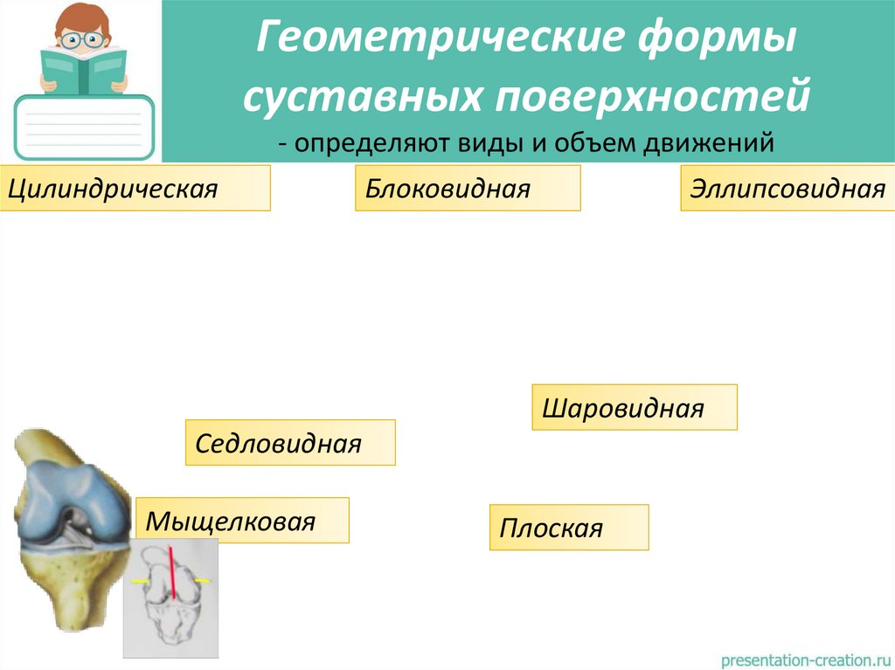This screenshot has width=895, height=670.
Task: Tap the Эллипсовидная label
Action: click(x=787, y=189)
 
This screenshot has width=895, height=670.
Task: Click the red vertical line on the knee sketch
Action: click(x=173, y=572)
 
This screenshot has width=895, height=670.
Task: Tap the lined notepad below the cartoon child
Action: click(x=84, y=127)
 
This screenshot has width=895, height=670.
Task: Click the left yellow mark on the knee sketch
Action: click(x=137, y=581)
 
